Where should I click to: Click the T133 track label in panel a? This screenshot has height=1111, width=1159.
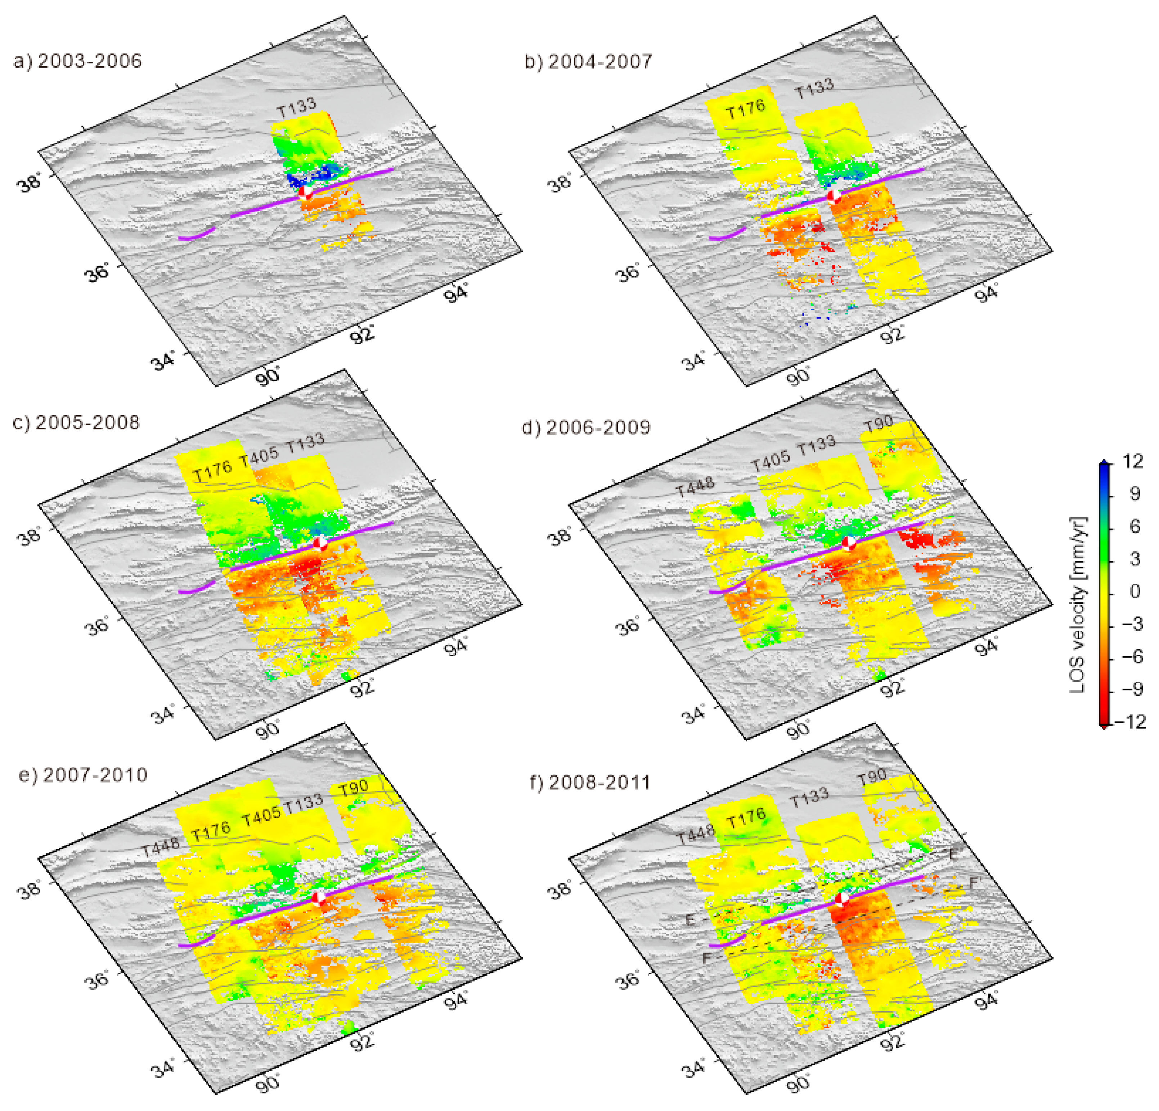(x=297, y=108)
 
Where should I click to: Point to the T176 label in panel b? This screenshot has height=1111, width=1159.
(x=745, y=109)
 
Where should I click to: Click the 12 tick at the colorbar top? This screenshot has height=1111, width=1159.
(x=1133, y=462)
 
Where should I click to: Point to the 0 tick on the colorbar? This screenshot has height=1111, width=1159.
(x=1134, y=591)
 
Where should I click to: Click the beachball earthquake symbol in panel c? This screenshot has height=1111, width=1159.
(x=320, y=544)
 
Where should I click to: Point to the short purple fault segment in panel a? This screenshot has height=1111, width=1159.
(x=196, y=235)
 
